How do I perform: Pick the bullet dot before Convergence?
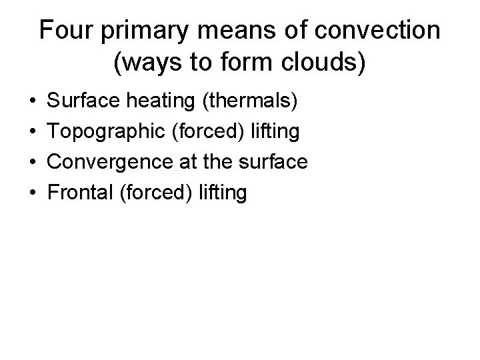click(33, 163)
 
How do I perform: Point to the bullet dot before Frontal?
click(33, 193)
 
